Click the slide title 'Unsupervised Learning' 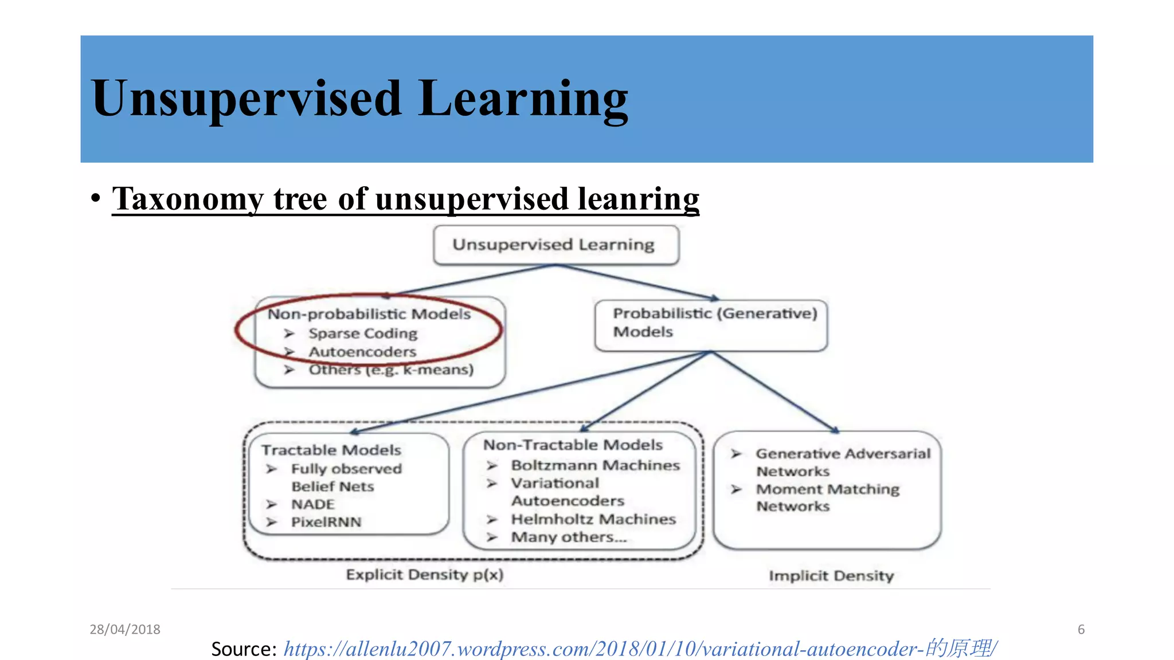[359, 99]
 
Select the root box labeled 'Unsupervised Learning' [555, 245]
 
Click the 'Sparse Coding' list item [362, 333]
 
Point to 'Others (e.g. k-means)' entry [391, 370]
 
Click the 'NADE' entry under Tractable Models [312, 505]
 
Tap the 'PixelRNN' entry [326, 522]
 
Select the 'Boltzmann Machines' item [595, 465]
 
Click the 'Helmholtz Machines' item [593, 520]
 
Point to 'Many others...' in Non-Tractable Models [569, 537]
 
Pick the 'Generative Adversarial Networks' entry [843, 462]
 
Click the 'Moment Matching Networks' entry [827, 497]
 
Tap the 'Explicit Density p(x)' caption [425, 575]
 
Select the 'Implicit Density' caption [831, 576]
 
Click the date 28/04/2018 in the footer [125, 630]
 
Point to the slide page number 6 [1081, 630]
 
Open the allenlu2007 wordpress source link [640, 649]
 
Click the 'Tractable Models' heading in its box [331, 450]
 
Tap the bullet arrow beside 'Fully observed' [272, 469]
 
